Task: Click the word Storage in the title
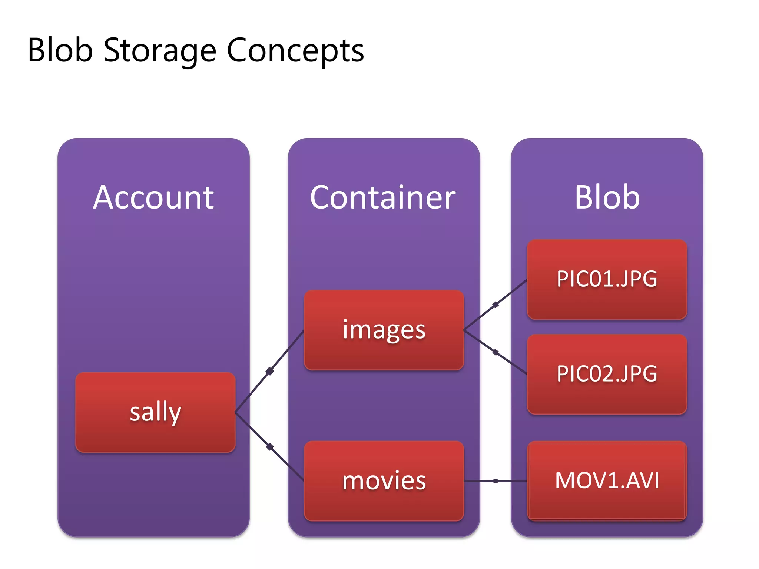point(159,51)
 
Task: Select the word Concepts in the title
point(295,51)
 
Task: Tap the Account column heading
point(153,197)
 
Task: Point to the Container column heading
point(383,197)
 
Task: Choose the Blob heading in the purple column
point(607,197)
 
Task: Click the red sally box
point(155,412)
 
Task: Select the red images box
point(384,330)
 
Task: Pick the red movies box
point(384,480)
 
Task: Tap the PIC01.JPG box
point(607,279)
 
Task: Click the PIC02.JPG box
point(607,374)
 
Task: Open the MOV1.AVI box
point(607,480)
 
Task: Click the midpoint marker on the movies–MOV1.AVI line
point(495,481)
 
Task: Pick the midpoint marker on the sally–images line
point(270,371)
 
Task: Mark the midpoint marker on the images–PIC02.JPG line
point(495,352)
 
